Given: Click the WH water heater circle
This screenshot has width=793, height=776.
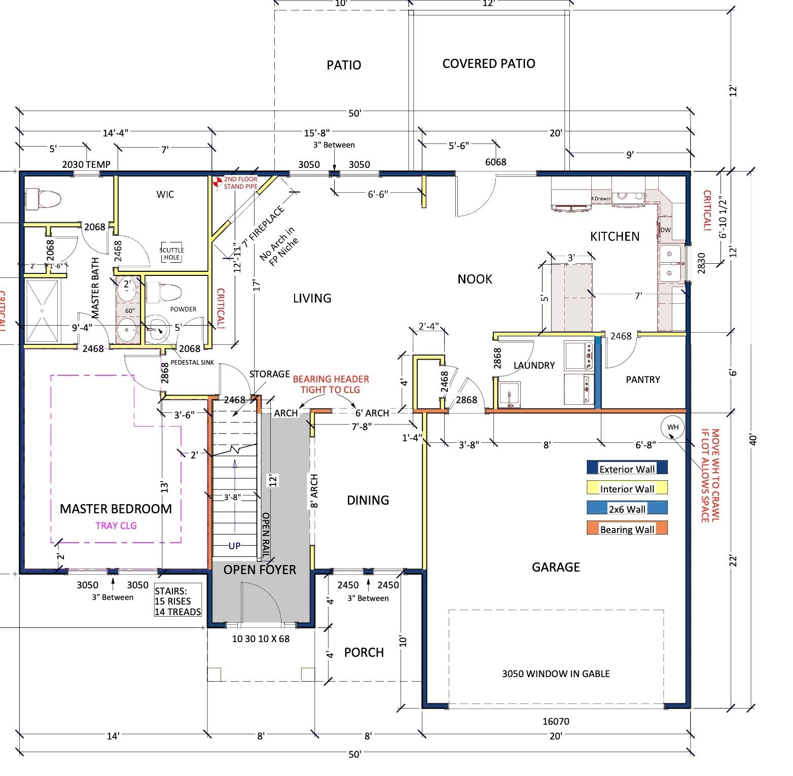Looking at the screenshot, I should click(x=673, y=427).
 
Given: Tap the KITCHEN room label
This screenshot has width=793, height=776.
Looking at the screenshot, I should click(x=615, y=236).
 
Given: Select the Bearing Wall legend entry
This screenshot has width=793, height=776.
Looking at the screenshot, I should click(x=627, y=529).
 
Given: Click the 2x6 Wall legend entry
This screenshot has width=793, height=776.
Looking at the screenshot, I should click(x=627, y=509).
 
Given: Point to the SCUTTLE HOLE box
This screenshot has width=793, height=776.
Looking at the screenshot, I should click(x=172, y=254).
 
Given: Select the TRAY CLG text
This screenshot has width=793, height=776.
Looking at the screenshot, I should click(x=116, y=525).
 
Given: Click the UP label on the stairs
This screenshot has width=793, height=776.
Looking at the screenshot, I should click(x=234, y=546).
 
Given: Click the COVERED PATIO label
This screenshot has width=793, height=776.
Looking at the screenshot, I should click(x=488, y=64).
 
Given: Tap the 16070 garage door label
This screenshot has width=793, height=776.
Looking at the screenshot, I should click(x=556, y=721).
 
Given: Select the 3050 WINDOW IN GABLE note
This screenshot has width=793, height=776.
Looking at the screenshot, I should click(x=556, y=674).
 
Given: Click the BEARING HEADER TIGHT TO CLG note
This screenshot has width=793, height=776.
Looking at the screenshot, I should click(x=331, y=384).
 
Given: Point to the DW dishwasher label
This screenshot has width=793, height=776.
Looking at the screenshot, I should click(x=665, y=230).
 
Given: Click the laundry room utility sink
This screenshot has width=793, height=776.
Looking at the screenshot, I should click(x=508, y=395).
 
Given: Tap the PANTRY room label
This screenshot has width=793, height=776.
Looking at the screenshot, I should click(x=642, y=379).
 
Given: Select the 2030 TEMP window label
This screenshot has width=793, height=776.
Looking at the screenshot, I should click(x=86, y=164).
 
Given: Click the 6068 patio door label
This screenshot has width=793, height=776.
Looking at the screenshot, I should click(x=495, y=162).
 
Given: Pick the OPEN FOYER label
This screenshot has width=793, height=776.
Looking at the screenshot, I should click(x=260, y=570).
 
